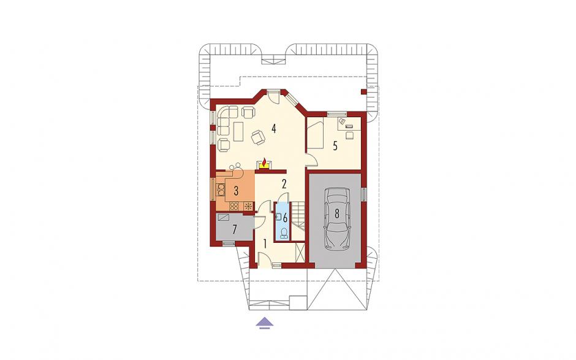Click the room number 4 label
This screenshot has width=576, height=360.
pos(273,128)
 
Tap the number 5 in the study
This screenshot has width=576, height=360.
pos(335,146)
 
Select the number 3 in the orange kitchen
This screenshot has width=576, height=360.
pos(236,191)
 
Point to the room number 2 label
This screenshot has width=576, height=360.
pos(284,184)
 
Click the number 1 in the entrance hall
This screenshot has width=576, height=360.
pos(265,243)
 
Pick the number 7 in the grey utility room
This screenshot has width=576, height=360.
pos(234,229)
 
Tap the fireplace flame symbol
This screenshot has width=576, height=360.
pos(264,162)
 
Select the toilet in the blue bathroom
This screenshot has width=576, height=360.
pos(283,233)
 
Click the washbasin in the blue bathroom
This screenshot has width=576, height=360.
pos(279,217)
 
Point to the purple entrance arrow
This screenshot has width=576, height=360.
pos(265,323)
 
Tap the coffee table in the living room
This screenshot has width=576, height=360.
pos(238,131)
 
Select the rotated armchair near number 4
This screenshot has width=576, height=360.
pos(257,137)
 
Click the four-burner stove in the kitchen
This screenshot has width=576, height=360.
pos(234,206)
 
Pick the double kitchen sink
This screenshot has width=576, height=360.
pos(221,189)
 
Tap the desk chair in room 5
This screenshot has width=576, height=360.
pos(349,136)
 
